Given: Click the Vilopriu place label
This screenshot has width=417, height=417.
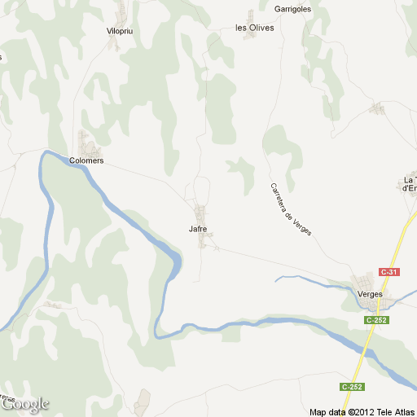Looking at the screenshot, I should pos(121,30).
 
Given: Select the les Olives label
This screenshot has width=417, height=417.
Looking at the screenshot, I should pos(254,27).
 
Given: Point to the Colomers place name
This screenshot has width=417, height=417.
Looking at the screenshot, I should pos(86,160).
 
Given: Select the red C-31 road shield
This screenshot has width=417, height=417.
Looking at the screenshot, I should pos(389,271).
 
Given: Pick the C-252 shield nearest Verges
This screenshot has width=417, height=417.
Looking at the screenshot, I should pos(376,320).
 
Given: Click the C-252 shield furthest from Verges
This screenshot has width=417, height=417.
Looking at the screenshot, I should pos(352,385).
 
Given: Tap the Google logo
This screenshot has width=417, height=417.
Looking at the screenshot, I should pos(24,403).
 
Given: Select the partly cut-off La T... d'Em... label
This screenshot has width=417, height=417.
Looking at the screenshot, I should pos(410,184).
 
